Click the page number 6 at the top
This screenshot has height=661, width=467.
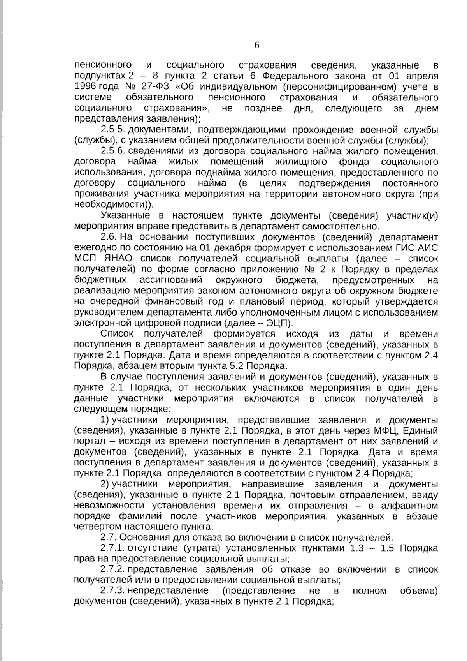256,45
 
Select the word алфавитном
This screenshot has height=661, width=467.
412,506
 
